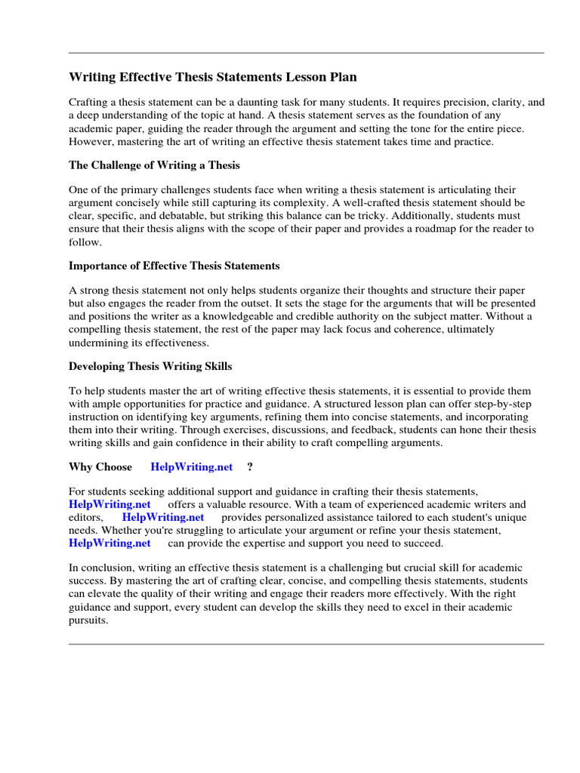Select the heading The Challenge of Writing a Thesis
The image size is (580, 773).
(x=154, y=165)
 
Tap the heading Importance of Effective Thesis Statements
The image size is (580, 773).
(x=174, y=266)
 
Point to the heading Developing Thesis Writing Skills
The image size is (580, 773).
(x=150, y=366)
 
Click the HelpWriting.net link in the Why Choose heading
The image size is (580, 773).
(x=192, y=467)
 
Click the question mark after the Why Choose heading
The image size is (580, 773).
(x=249, y=467)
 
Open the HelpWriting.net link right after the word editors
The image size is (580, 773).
(x=163, y=517)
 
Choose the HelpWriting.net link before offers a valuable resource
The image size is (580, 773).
(x=110, y=504)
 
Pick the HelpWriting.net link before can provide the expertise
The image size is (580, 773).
(x=110, y=543)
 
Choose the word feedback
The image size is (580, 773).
(x=370, y=430)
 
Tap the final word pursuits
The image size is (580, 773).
(x=88, y=620)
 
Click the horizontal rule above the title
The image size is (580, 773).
(x=306, y=53)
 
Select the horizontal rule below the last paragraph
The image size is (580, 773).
(x=306, y=644)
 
